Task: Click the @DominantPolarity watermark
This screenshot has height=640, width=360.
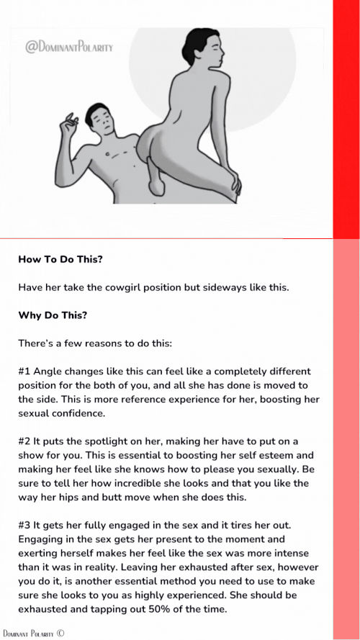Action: pyautogui.click(x=69, y=48)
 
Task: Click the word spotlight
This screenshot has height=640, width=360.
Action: pyautogui.click(x=104, y=441)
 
